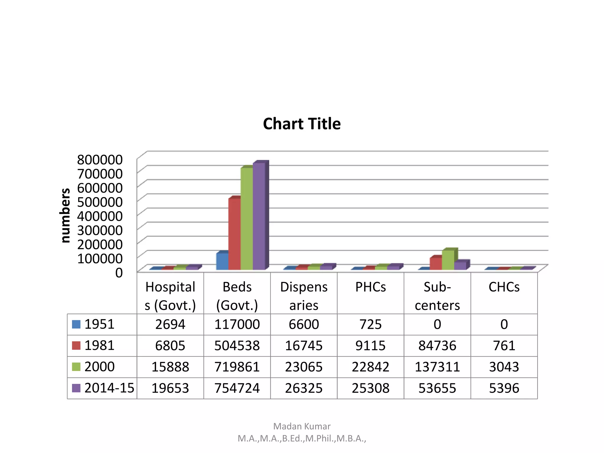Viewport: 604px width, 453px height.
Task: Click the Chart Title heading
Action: pos(302,124)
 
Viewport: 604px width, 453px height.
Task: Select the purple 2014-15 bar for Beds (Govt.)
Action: pos(259,217)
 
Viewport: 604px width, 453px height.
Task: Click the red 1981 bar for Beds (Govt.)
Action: pos(234,234)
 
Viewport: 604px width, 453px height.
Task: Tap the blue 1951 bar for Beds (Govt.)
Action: pos(222,262)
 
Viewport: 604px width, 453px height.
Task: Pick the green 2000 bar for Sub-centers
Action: pos(448,260)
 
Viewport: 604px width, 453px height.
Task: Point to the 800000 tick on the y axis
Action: pos(100,160)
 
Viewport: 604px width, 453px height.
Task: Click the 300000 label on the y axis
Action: pos(100,230)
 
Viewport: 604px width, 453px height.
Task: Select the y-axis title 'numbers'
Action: pos(65,215)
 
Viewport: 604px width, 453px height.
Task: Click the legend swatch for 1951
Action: pos(76,324)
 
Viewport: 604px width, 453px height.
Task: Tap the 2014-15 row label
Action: pos(109,388)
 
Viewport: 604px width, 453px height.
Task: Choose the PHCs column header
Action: pos(370,287)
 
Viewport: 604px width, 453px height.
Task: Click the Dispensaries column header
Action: pos(304,296)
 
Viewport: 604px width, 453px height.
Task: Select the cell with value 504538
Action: pos(237,346)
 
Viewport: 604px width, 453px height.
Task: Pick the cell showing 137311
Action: pos(437,367)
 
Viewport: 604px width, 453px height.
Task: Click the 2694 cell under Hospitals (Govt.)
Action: pos(170,324)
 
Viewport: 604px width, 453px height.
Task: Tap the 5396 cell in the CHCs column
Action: pos(504,388)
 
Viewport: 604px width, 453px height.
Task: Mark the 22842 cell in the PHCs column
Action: pos(370,367)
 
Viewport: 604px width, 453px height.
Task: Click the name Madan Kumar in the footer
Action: pos(302,426)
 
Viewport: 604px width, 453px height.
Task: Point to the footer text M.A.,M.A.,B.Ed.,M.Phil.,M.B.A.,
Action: pos(302,439)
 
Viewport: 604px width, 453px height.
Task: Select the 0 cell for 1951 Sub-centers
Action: pos(437,324)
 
